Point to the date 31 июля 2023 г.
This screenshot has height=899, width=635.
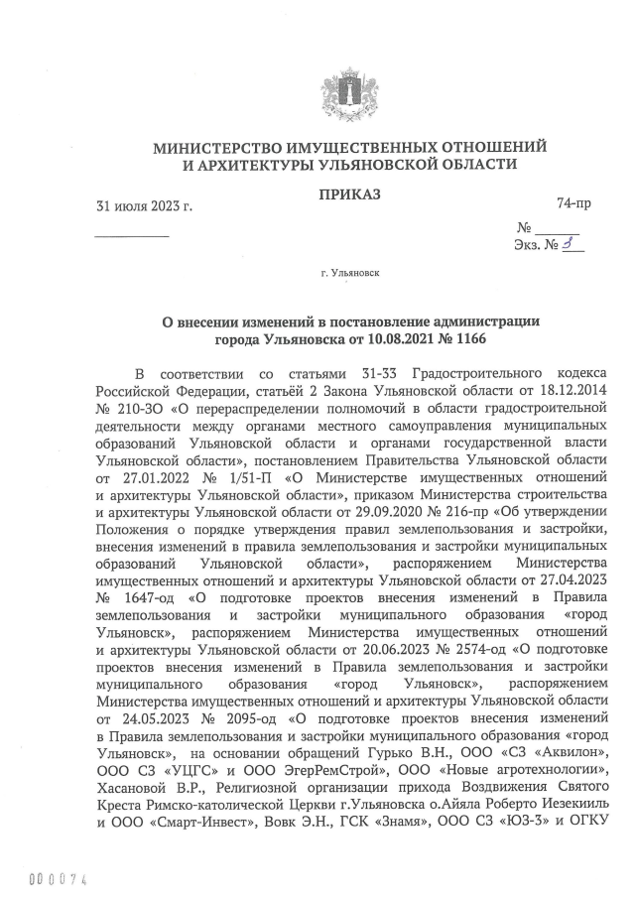(x=144, y=206)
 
